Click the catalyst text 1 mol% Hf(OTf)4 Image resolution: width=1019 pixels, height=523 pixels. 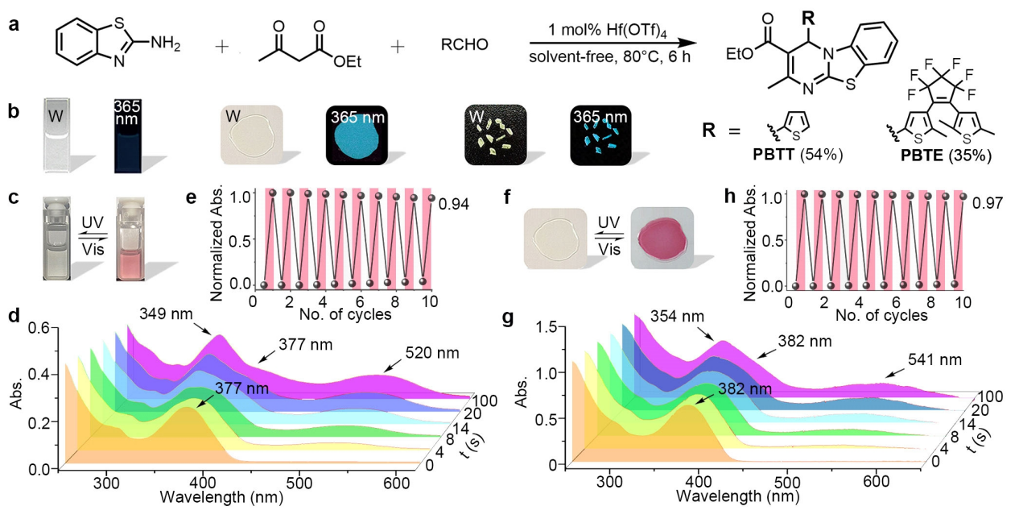592,28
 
